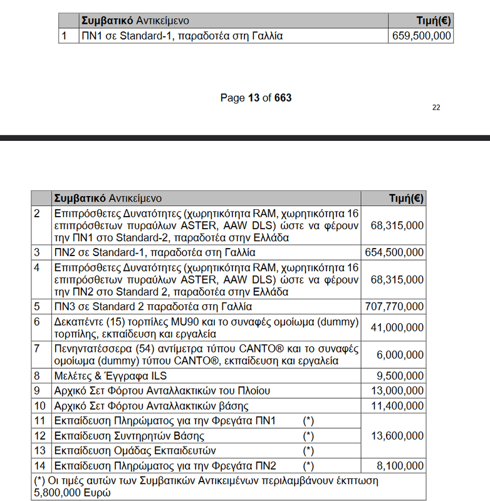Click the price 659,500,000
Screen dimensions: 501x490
421,36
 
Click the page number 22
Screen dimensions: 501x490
436,107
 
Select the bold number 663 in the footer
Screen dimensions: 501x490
283,98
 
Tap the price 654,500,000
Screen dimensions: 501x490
394,252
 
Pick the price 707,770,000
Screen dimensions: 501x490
394,307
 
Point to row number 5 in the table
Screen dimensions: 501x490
37,307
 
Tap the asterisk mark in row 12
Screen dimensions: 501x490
308,435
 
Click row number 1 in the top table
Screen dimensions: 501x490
63,36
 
